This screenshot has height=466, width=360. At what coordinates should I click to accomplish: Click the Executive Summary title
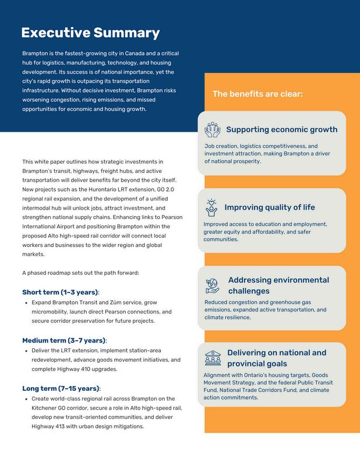click(90, 33)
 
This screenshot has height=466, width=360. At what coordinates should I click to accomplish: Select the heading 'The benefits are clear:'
click(257, 93)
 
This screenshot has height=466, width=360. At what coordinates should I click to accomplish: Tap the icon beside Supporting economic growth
click(212, 129)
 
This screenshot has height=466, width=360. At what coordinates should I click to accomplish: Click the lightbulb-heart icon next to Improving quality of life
click(211, 207)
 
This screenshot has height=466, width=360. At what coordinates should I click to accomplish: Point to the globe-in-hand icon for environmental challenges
click(211, 285)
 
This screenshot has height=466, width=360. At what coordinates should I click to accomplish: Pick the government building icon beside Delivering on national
click(212, 358)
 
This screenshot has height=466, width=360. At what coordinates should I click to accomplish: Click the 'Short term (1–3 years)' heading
click(60, 292)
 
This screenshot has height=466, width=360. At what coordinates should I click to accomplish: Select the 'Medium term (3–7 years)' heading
click(64, 340)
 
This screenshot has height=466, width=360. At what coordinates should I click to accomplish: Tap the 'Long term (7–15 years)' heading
click(61, 388)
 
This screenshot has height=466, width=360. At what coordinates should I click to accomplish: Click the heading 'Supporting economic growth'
click(281, 129)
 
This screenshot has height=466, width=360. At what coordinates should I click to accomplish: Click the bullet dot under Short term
click(26, 303)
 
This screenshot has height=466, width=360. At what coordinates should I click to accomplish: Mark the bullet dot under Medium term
click(26, 351)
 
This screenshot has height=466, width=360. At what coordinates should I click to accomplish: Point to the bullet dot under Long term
click(26, 399)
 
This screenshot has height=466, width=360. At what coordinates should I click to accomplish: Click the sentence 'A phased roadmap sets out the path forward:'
click(80, 273)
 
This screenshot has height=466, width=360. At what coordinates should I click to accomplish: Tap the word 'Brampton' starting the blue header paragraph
click(35, 52)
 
